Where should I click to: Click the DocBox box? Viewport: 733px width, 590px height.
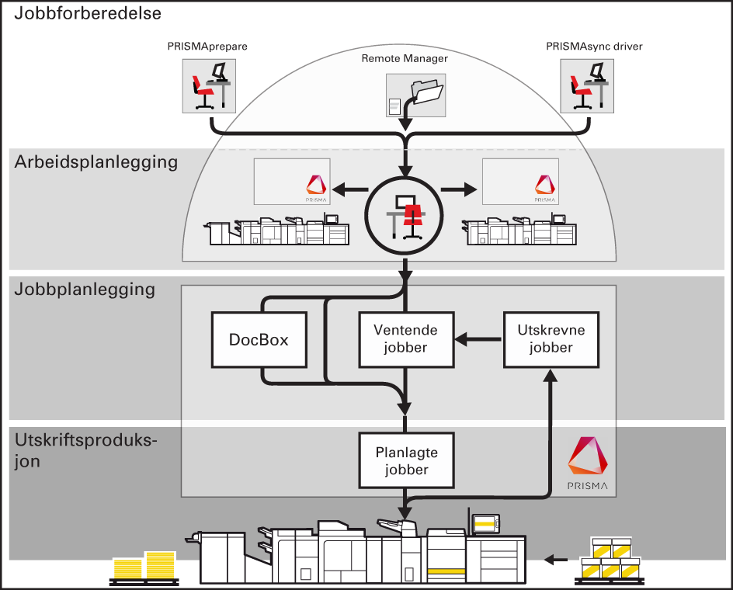(x=259, y=339)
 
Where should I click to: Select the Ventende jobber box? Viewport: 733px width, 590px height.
(x=405, y=339)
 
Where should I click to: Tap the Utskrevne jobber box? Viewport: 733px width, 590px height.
(x=551, y=339)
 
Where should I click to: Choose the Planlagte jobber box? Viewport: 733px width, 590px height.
(x=405, y=460)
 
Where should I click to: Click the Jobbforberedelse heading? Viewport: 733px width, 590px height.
(x=88, y=13)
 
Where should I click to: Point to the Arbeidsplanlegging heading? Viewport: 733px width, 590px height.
(x=96, y=162)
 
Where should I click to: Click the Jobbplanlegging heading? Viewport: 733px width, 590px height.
(x=85, y=290)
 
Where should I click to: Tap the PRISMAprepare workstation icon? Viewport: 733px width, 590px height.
(x=207, y=86)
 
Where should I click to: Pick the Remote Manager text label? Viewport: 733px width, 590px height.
(x=405, y=58)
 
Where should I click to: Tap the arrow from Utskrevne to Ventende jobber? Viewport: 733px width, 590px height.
(x=478, y=339)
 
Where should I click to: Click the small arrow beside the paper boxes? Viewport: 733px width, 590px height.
(x=555, y=558)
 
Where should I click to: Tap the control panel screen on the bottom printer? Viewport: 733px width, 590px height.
(x=485, y=525)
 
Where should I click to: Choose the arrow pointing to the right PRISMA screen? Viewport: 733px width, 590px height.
(x=460, y=188)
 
